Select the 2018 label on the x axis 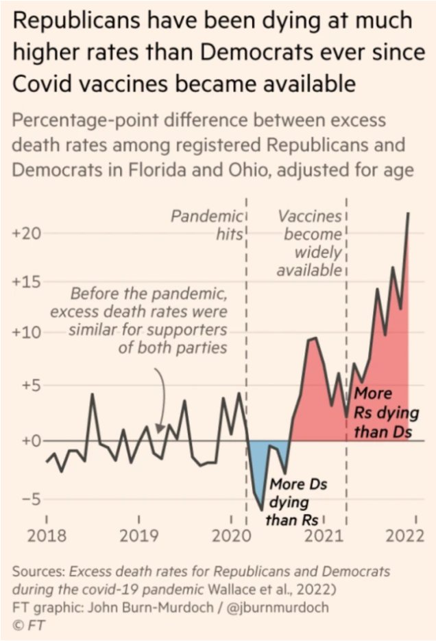47,535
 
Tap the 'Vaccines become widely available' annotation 309,243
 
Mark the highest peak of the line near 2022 409,213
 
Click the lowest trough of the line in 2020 261,510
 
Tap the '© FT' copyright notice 28,624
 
